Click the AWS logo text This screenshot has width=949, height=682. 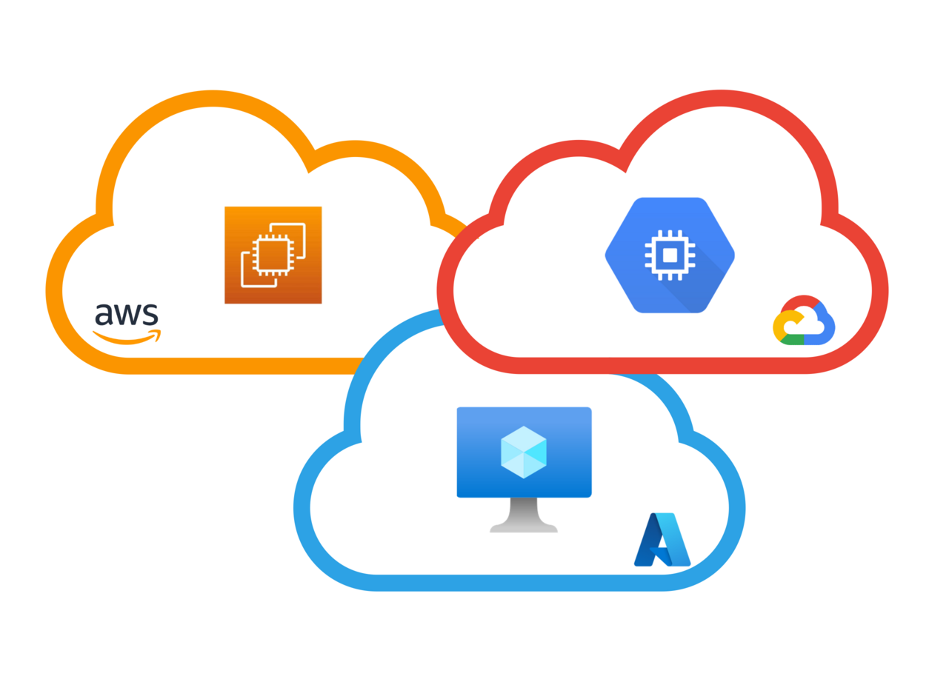pyautogui.click(x=126, y=315)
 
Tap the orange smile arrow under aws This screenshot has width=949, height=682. pyautogui.click(x=127, y=338)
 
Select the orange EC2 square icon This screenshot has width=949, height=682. pyautogui.click(x=273, y=255)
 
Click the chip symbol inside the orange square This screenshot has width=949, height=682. pyautogui.click(x=273, y=255)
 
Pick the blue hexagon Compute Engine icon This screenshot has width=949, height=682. pyautogui.click(x=670, y=255)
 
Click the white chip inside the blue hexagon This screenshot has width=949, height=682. pyautogui.click(x=670, y=255)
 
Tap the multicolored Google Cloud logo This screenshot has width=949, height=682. pyautogui.click(x=804, y=320)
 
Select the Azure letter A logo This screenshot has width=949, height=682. pyautogui.click(x=662, y=540)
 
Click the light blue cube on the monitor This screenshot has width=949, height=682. pyautogui.click(x=524, y=452)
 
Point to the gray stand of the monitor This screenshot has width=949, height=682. pyautogui.click(x=524, y=515)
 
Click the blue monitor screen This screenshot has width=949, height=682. pyautogui.click(x=524, y=452)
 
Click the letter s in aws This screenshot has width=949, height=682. pyautogui.click(x=151, y=315)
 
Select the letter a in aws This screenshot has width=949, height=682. pyautogui.click(x=104, y=315)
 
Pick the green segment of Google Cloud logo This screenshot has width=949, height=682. pyautogui.click(x=792, y=340)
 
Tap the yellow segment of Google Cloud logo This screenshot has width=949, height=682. pyautogui.click(x=782, y=325)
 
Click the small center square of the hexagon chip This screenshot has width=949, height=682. pyautogui.click(x=670, y=255)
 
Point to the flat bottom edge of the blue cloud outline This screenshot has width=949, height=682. pyautogui.click(x=519, y=583)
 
